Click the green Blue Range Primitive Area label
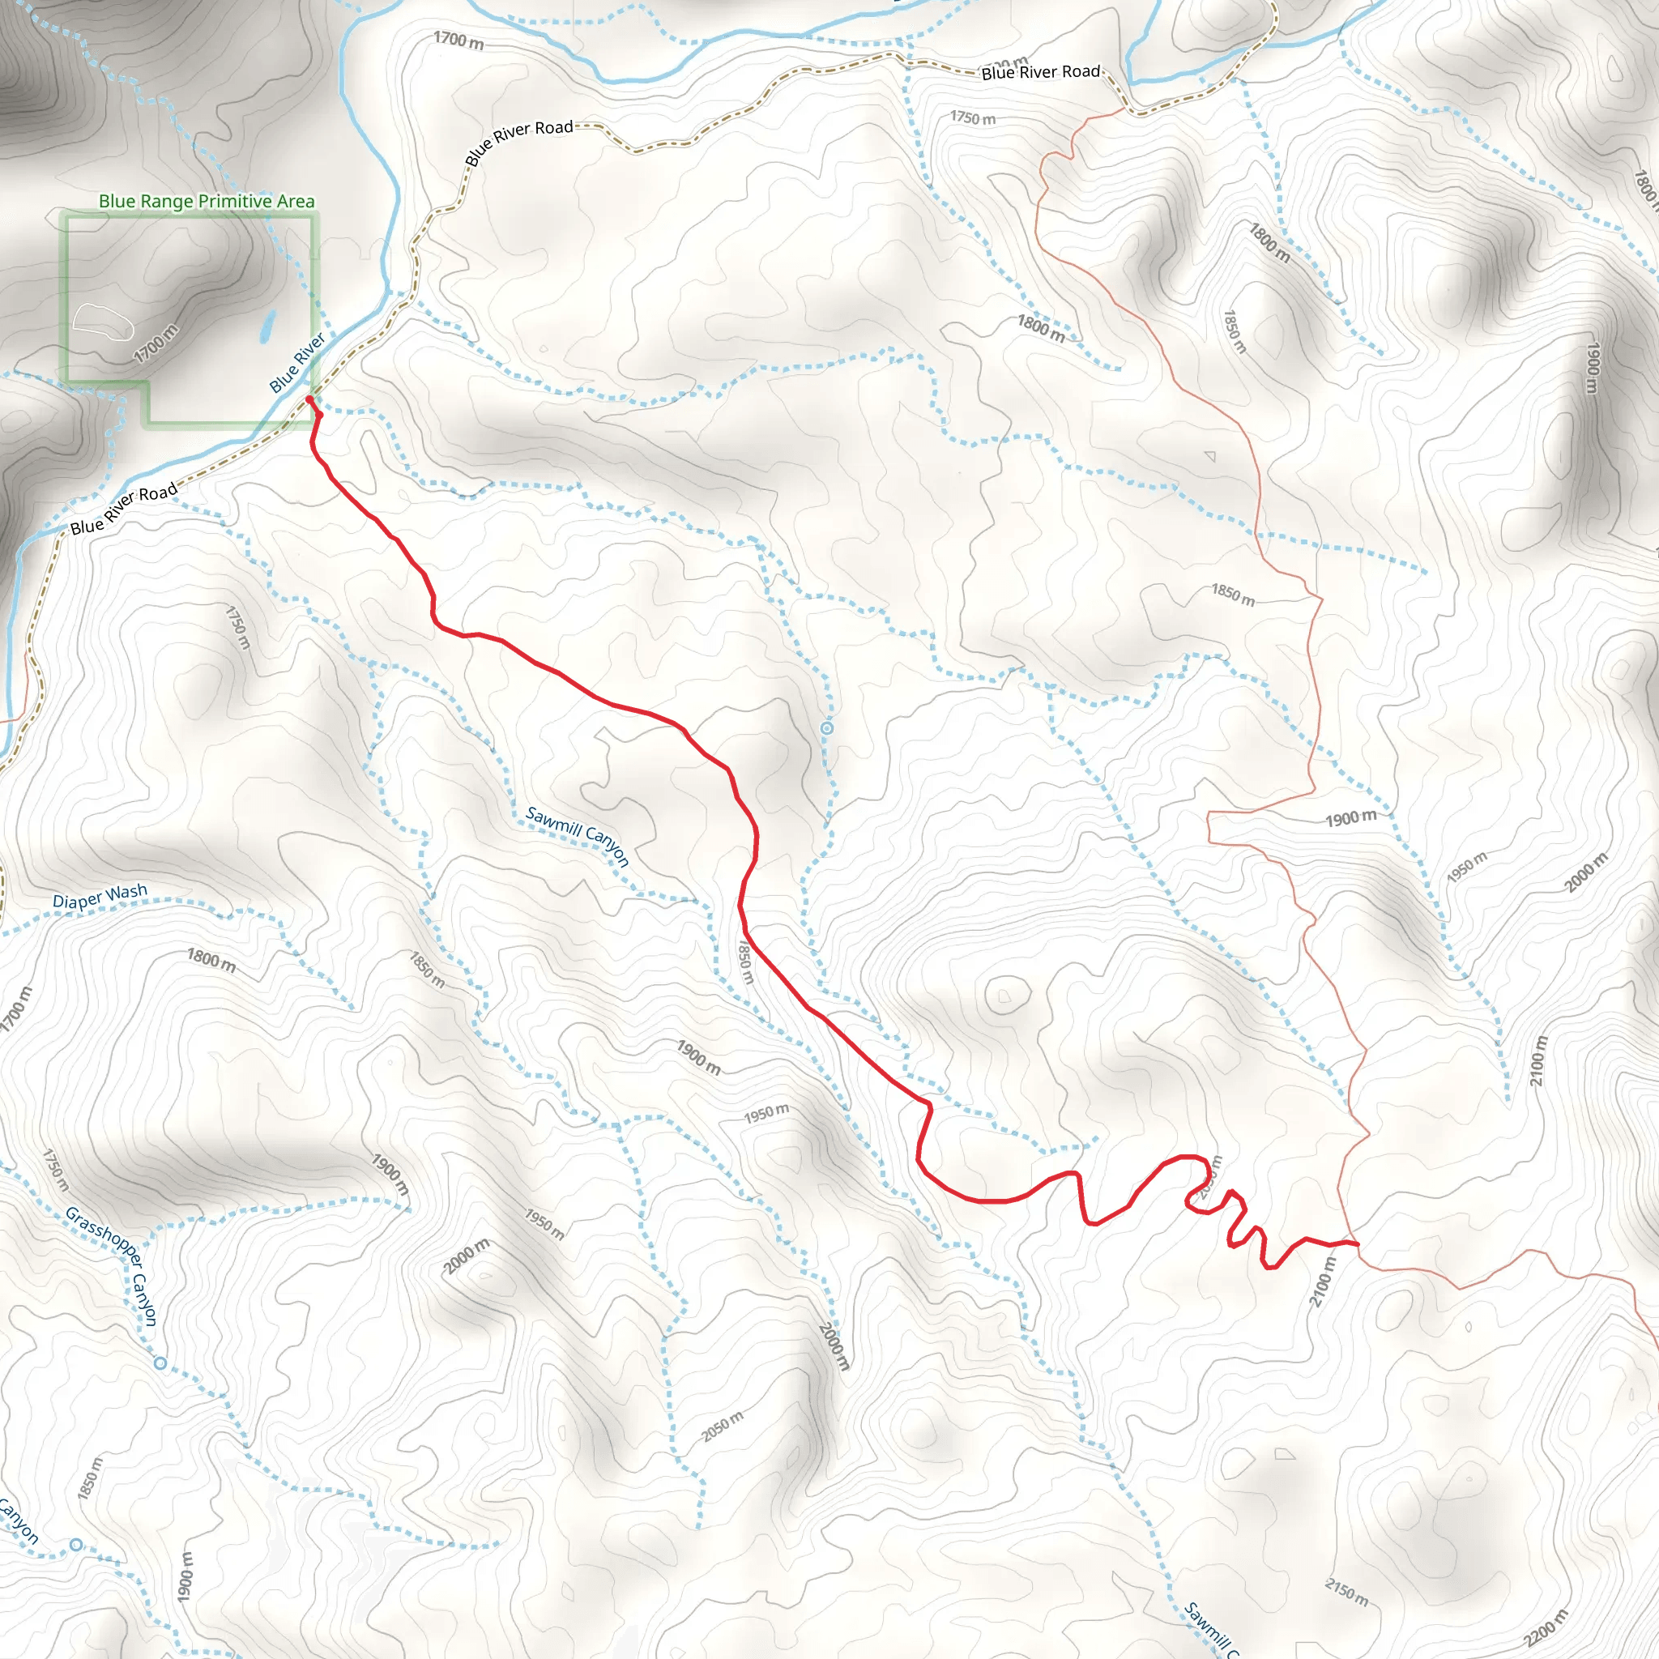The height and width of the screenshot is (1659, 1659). pyautogui.click(x=206, y=201)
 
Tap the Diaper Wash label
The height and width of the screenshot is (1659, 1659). pyautogui.click(x=100, y=897)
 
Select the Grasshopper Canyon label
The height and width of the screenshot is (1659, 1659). pyautogui.click(x=112, y=1266)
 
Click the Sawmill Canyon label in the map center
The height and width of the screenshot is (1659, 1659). pyautogui.click(x=578, y=835)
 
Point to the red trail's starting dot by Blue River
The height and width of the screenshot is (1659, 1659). pyautogui.click(x=309, y=399)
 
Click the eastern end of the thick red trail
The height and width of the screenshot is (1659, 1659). pyautogui.click(x=1357, y=1243)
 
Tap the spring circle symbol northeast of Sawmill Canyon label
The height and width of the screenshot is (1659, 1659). pyautogui.click(x=826, y=728)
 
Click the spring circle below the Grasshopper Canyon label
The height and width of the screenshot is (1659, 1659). pyautogui.click(x=160, y=1363)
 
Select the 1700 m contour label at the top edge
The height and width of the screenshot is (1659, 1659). pyautogui.click(x=458, y=40)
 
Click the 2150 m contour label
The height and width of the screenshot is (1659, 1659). pyautogui.click(x=1346, y=1592)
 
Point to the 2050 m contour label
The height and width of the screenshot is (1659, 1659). pyautogui.click(x=722, y=1427)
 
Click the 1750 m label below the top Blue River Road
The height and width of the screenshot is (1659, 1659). pyautogui.click(x=972, y=117)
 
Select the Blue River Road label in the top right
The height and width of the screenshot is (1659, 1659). pyautogui.click(x=1040, y=72)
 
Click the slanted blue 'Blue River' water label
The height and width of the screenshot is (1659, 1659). pyautogui.click(x=297, y=362)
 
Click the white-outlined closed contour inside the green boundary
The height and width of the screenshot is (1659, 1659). pyautogui.click(x=102, y=319)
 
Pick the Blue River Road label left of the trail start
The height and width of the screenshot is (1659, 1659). pyautogui.click(x=124, y=509)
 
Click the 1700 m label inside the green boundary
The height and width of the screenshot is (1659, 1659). pyautogui.click(x=156, y=343)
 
